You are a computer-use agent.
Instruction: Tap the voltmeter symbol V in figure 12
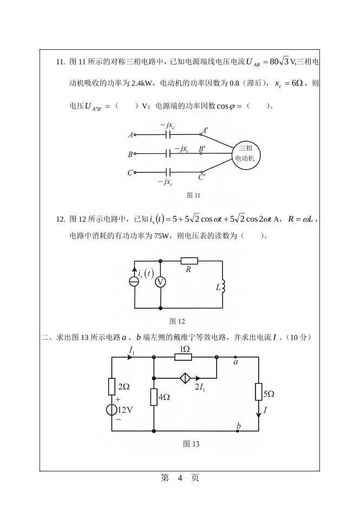[160, 282]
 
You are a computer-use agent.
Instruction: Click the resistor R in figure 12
[189, 261]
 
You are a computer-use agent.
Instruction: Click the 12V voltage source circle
[112, 409]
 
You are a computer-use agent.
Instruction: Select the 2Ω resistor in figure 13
[112, 386]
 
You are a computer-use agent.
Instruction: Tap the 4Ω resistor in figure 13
[154, 397]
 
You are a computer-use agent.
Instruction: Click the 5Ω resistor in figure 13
[259, 391]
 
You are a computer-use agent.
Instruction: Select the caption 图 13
[191, 444]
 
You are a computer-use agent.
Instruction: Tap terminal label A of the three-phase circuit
[130, 134]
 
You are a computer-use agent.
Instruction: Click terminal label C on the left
[130, 173]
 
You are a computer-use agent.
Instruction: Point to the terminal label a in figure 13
[236, 362]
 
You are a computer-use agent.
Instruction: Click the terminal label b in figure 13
[238, 426]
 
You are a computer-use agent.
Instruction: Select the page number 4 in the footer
[180, 478]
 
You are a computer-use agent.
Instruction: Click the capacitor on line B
[169, 154]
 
